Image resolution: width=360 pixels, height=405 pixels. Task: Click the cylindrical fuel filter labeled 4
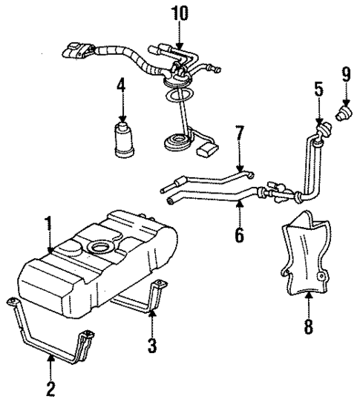(x=122, y=141)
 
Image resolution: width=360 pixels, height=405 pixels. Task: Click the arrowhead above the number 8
(x=308, y=297)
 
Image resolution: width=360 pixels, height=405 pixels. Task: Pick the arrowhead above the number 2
(x=50, y=358)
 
